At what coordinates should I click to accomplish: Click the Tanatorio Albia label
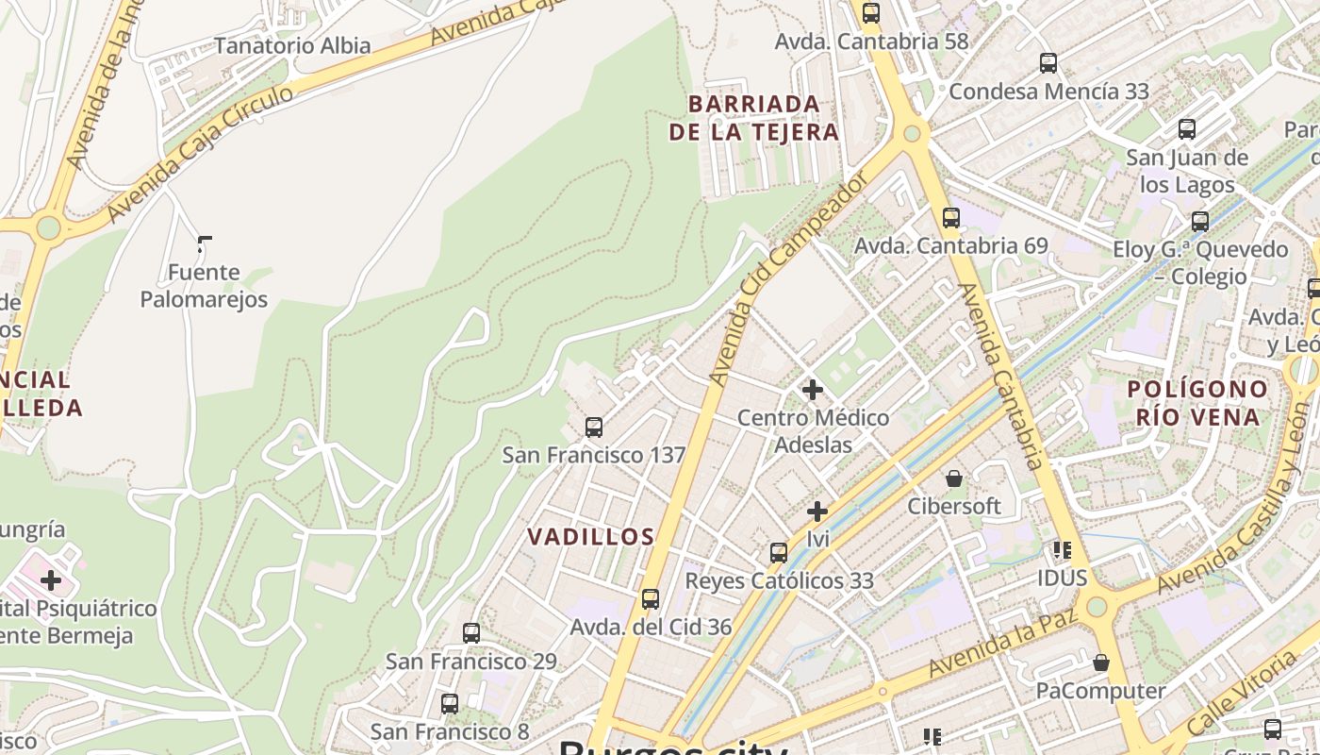coord(292,45)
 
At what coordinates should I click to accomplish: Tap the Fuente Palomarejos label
coord(204,286)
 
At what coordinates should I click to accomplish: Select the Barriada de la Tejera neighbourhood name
coord(753,117)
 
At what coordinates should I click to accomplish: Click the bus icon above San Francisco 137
coord(594,428)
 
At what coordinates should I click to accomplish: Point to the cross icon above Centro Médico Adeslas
coord(812,389)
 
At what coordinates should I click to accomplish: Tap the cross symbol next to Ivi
coord(817,512)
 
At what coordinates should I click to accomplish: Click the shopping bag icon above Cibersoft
coord(954,478)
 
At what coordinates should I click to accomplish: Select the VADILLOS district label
coord(590,537)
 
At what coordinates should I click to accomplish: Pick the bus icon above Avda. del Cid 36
coord(650,599)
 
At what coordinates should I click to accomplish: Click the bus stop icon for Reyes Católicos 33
coord(779,553)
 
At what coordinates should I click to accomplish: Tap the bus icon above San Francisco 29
coord(471,633)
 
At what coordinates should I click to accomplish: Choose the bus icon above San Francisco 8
coord(450,703)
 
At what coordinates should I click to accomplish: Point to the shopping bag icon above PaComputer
coord(1100,663)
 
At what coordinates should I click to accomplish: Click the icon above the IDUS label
coord(1063,549)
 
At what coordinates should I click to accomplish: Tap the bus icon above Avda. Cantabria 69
coord(951,218)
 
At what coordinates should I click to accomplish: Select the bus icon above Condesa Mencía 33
coord(1048,63)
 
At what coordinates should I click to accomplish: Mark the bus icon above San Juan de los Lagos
coord(1187,129)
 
